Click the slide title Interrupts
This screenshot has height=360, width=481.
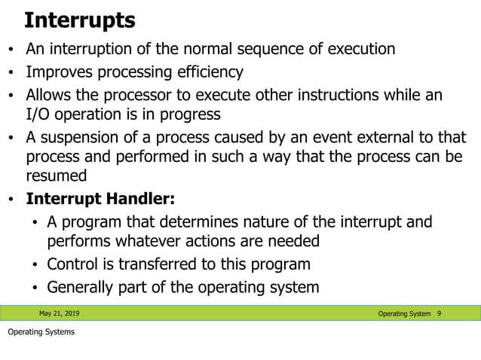point(80,20)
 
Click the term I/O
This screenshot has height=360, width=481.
point(38,114)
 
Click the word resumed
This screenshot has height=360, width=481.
point(57,175)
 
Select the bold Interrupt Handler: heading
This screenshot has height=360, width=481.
point(100,200)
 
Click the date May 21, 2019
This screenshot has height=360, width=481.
point(59,313)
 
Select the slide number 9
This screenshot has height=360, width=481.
point(439,313)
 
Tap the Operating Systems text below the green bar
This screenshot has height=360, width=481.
point(41,332)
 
